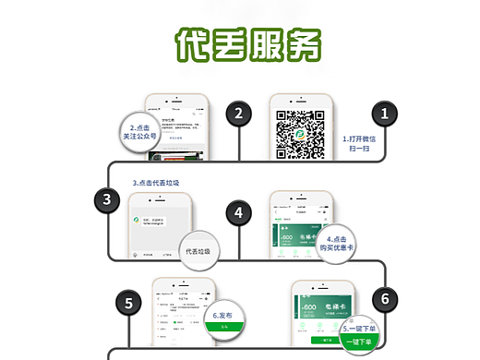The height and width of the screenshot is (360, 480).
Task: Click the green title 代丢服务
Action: (x=247, y=42)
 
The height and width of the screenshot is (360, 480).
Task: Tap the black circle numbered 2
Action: (x=239, y=114)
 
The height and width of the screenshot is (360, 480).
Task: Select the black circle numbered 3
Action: (x=107, y=199)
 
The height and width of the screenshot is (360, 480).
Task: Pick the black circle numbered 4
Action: (x=239, y=212)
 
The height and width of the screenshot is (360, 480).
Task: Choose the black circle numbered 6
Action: (x=387, y=298)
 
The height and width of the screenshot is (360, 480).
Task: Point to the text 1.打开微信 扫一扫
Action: (x=360, y=144)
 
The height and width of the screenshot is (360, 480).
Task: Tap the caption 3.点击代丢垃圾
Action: (x=157, y=183)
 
